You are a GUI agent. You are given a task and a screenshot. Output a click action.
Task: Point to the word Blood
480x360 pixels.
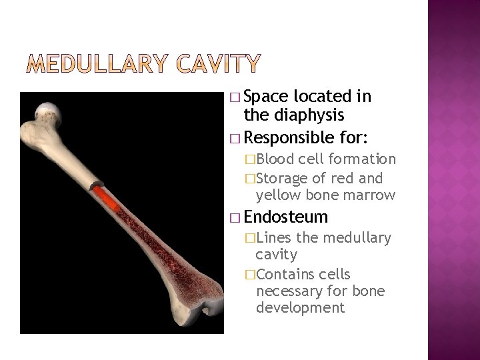pos(275,159)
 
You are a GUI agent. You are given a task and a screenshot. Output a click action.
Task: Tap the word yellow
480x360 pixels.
pos(279,195)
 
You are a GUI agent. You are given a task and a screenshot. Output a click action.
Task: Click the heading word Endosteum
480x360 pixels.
pos(286,217)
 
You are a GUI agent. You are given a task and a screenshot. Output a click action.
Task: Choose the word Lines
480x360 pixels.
pos(274,238)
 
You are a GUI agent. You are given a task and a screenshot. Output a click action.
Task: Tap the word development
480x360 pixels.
pos(300,308)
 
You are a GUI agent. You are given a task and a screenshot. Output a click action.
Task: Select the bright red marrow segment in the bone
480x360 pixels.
pos(107,198)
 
